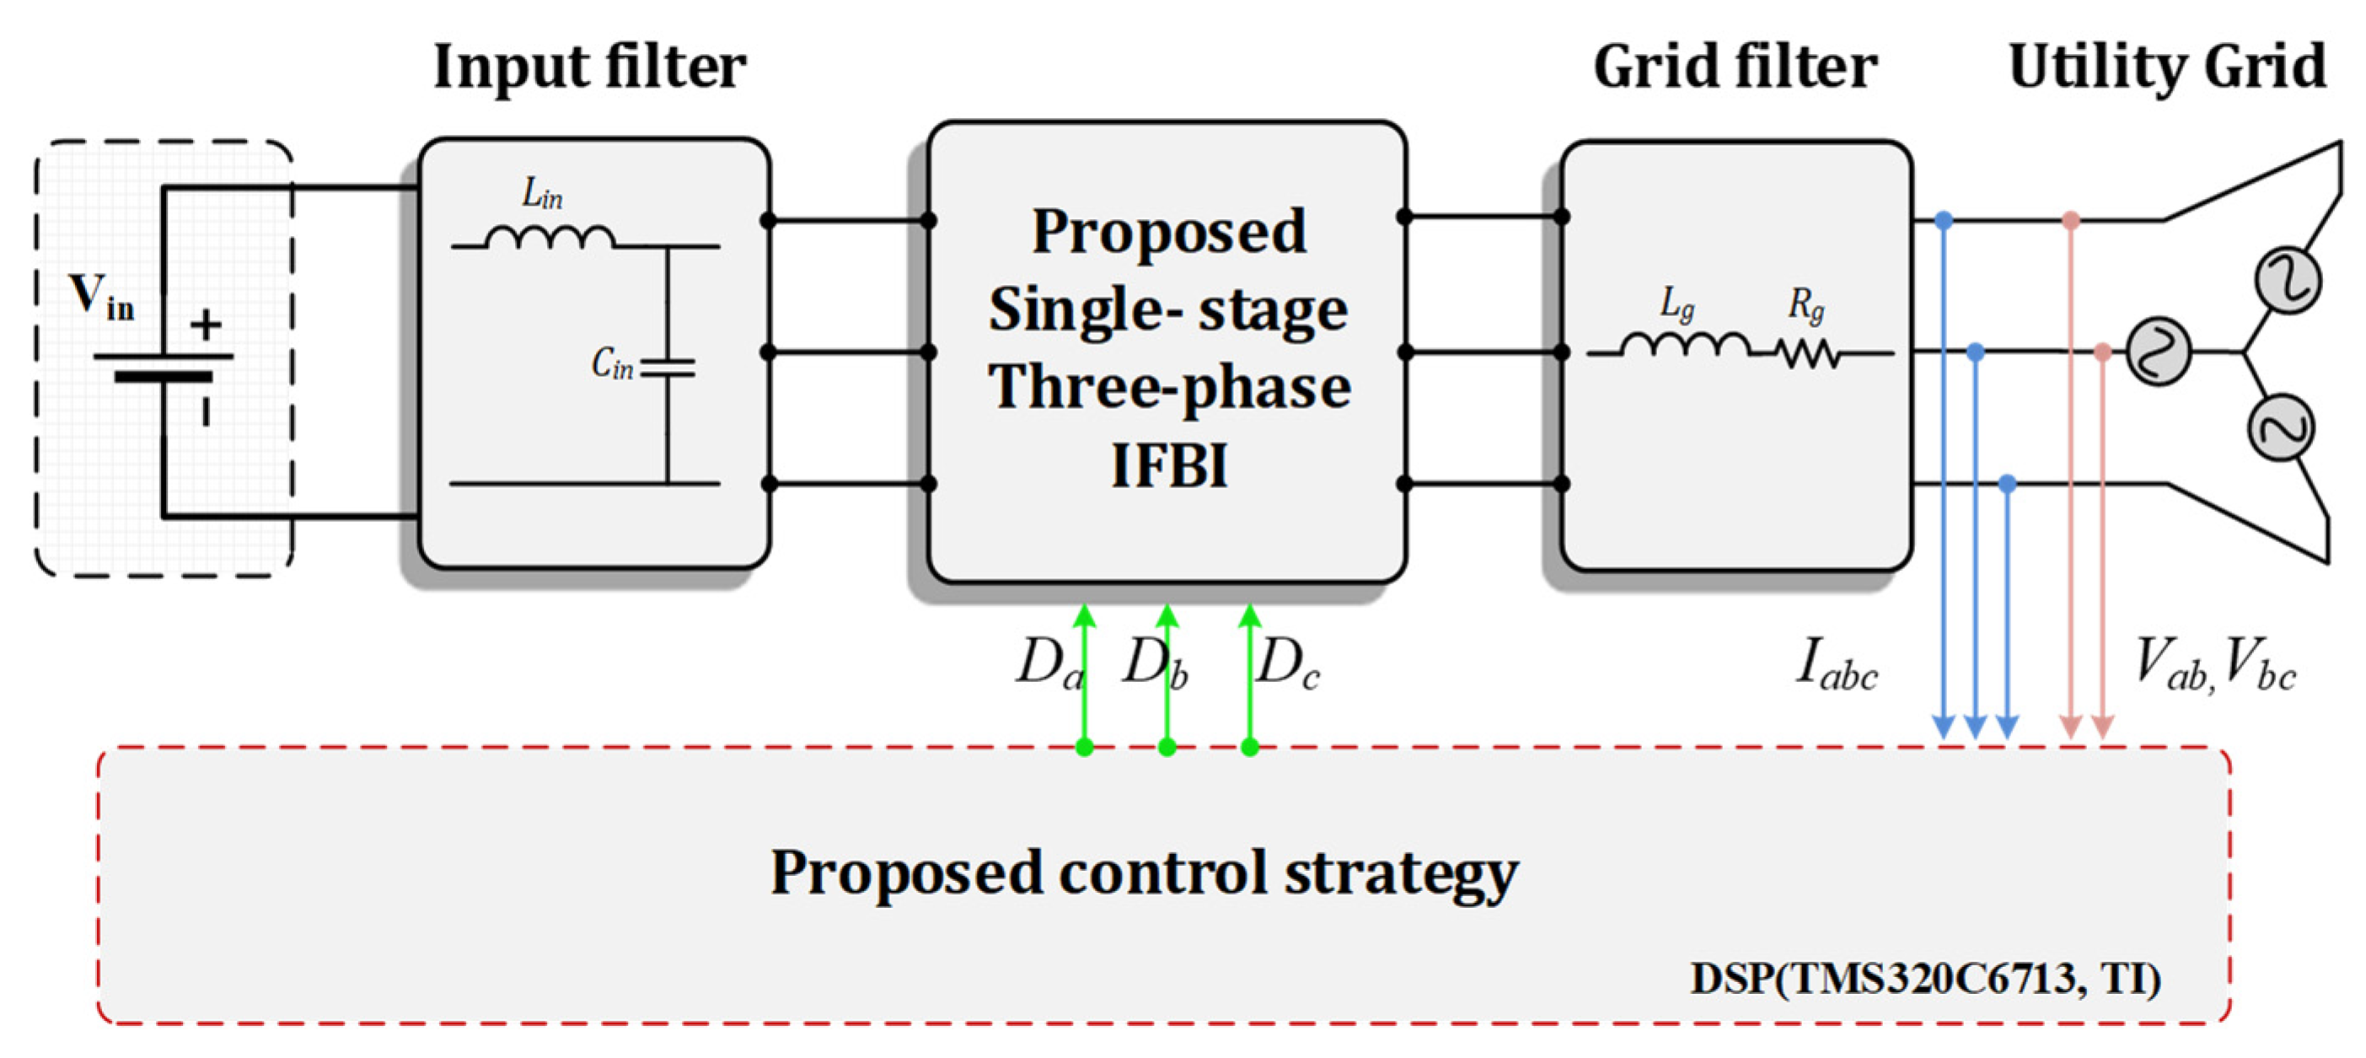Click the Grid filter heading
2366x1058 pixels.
[1734, 67]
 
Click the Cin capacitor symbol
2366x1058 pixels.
[668, 368]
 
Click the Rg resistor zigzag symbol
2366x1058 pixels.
[1806, 353]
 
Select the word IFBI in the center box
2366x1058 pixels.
[1168, 465]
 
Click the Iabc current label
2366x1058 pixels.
[1835, 665]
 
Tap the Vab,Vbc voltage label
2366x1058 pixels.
[2213, 663]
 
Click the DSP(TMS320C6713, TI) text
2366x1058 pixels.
[1925, 979]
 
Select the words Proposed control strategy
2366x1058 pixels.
[1144, 873]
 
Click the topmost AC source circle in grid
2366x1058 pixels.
[2288, 281]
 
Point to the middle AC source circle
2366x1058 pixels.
[2159, 352]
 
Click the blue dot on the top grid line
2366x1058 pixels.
[1944, 220]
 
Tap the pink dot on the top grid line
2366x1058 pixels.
[2070, 220]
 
